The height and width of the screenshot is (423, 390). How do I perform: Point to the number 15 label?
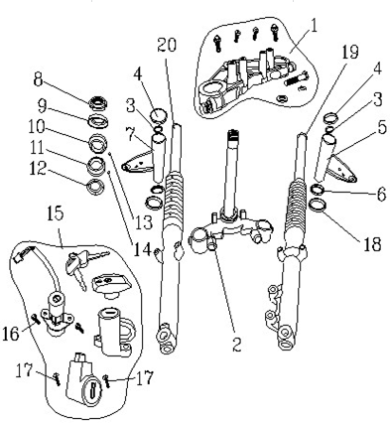(57, 212)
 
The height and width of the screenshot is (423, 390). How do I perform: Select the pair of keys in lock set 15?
(78, 263)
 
